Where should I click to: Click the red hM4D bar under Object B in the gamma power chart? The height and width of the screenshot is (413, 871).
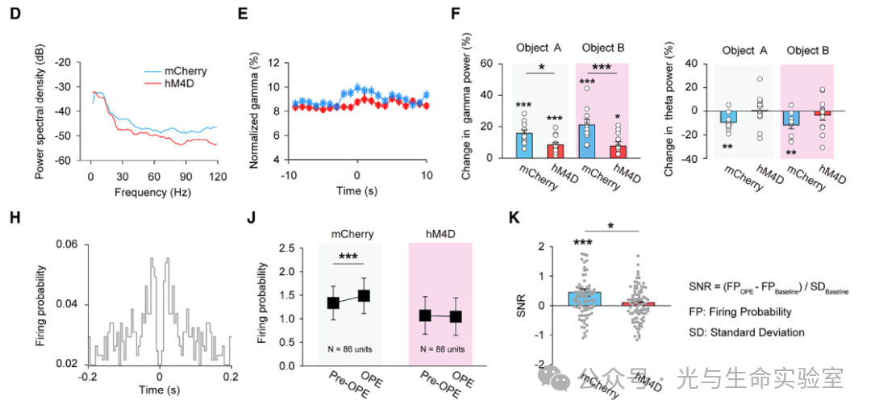point(619,152)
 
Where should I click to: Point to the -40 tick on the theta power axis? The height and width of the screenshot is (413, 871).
point(691,159)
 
